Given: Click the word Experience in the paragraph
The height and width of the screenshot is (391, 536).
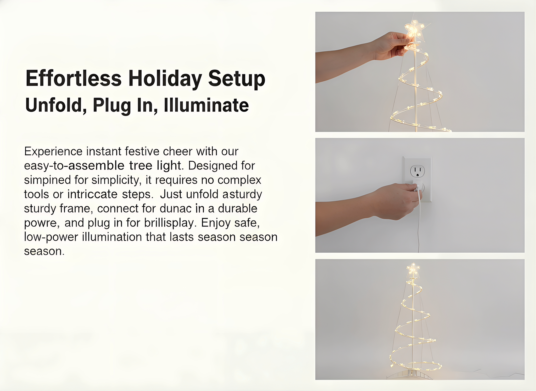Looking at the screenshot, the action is pos(53,152).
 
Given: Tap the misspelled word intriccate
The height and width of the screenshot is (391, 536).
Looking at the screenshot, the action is pos(92,194).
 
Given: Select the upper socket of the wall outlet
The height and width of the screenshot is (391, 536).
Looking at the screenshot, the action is pos(417,171).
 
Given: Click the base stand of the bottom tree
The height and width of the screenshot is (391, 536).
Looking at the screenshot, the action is pos(410,374).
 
